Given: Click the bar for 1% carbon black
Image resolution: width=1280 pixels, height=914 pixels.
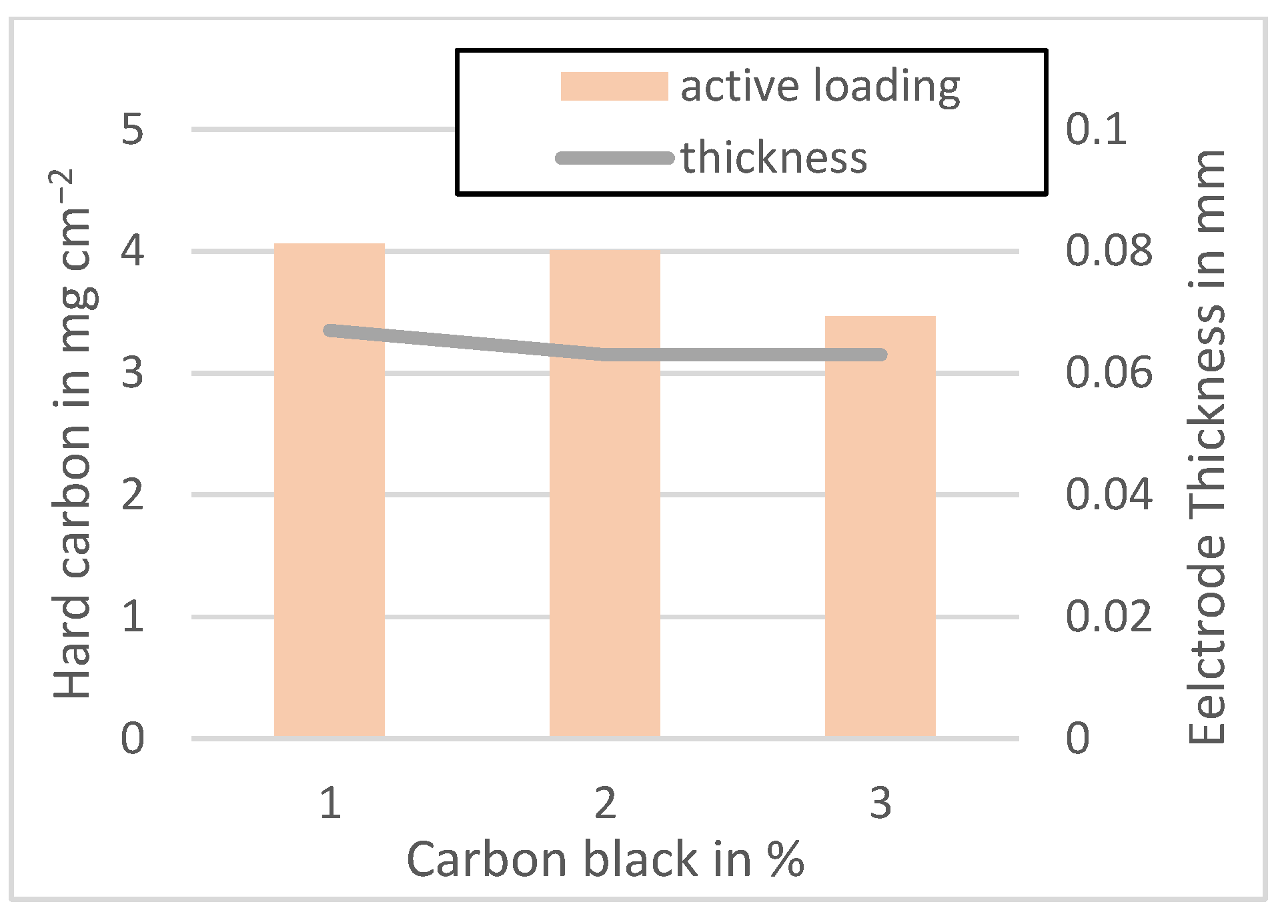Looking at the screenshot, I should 330,533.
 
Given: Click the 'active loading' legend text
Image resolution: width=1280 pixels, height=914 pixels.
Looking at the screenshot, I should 820,87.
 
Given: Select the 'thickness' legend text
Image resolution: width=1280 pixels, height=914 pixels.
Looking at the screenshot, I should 774,158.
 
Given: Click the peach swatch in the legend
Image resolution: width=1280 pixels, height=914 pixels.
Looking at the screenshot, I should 614,87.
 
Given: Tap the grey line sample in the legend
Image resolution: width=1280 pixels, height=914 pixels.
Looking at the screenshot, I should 614,158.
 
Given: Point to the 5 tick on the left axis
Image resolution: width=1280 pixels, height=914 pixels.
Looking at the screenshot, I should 133,129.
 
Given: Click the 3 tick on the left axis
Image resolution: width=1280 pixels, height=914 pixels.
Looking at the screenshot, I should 133,373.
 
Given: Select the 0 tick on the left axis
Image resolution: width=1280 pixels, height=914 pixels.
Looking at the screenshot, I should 133,739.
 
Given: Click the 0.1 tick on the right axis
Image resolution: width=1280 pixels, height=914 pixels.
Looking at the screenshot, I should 1096,129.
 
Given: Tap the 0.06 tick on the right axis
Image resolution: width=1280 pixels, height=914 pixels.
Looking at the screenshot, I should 1109,373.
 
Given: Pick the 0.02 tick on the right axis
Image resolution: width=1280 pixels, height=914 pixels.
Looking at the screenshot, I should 1109,617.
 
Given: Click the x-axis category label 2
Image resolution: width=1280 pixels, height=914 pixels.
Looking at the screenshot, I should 605,803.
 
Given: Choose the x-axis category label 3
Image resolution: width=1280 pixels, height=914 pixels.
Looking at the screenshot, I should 880,803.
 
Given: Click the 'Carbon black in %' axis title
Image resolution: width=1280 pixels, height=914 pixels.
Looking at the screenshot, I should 605,859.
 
